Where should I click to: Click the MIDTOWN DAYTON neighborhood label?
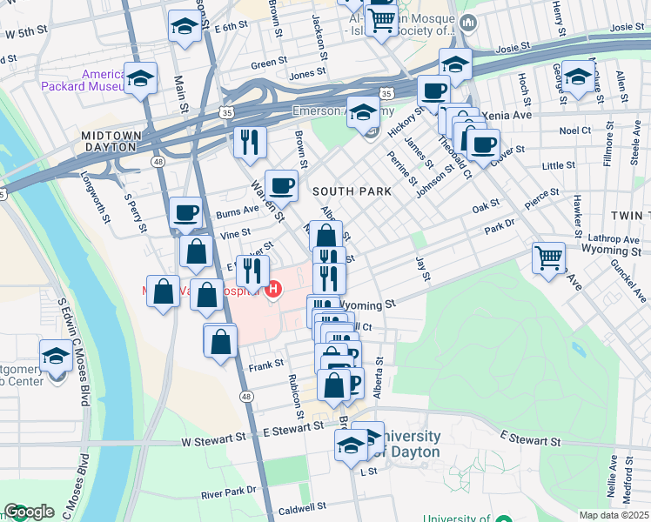coord(108,141)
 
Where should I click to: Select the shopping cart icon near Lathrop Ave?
coord(549,257)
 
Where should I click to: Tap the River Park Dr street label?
coord(229,491)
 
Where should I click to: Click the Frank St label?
coord(266,363)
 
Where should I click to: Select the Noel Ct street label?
coord(574,130)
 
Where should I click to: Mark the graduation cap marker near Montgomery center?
coord(57,356)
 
